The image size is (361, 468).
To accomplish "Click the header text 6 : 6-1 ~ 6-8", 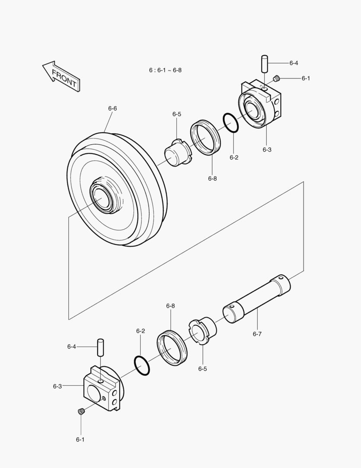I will click(x=165, y=70).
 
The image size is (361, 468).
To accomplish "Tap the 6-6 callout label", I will click(x=112, y=108).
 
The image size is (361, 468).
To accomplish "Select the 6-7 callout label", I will click(x=257, y=334).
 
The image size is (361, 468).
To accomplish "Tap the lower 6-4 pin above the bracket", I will click(x=101, y=347).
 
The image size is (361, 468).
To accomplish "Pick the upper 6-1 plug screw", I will click(x=278, y=78).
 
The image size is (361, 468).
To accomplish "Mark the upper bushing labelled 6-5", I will click(x=178, y=153).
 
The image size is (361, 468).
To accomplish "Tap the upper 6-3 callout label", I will click(x=267, y=149).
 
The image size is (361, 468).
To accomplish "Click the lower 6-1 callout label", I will click(x=80, y=439).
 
